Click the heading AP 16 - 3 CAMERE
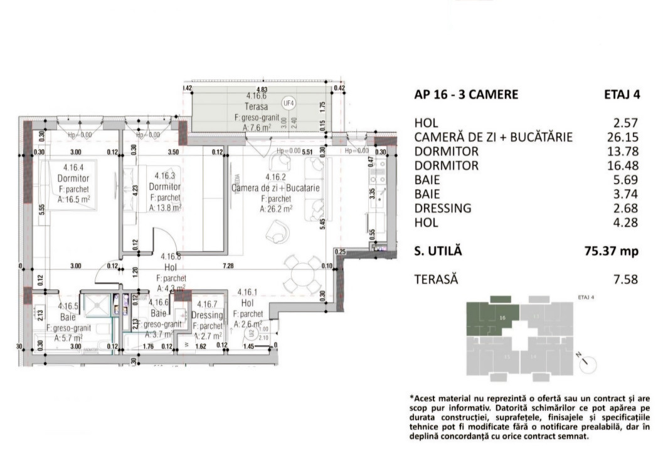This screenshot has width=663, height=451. coord(466,95)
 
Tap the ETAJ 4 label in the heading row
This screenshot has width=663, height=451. coord(621,95)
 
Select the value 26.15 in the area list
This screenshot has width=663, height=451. coord(625,137)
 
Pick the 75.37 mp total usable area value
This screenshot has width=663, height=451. coord(612,251)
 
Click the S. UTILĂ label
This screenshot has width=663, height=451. coord(438,251)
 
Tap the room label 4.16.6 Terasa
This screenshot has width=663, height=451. coord(257,101)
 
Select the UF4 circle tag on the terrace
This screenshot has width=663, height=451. coord(289,103)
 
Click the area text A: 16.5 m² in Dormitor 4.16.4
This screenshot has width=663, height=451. coord(75,199)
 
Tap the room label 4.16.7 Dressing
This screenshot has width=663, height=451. coord(208,310)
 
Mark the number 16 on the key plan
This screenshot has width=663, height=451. coord(502,318)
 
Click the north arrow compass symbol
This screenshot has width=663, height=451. coord(588,363)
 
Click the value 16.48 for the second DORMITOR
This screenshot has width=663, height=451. coord(625,166)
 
